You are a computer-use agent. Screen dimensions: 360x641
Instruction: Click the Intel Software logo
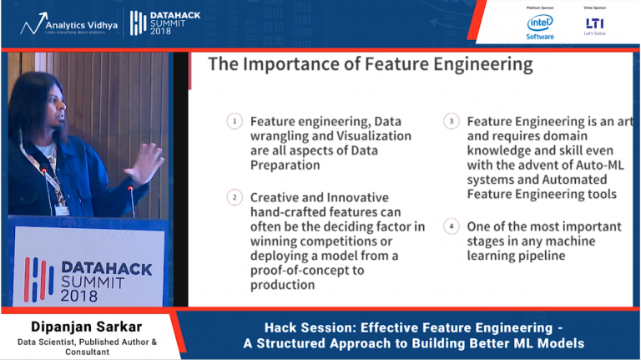click(540, 26)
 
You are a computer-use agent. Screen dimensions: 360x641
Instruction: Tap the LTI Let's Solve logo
click(594, 26)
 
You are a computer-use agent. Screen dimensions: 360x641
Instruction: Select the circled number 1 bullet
click(235, 122)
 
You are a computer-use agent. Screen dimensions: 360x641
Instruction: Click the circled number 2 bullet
click(235, 197)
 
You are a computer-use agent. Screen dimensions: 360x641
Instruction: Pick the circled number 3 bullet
click(452, 122)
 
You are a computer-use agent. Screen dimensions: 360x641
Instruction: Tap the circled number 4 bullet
click(452, 226)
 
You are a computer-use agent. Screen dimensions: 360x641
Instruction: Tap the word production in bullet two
click(282, 285)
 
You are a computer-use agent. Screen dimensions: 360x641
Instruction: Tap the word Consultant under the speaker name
click(88, 352)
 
